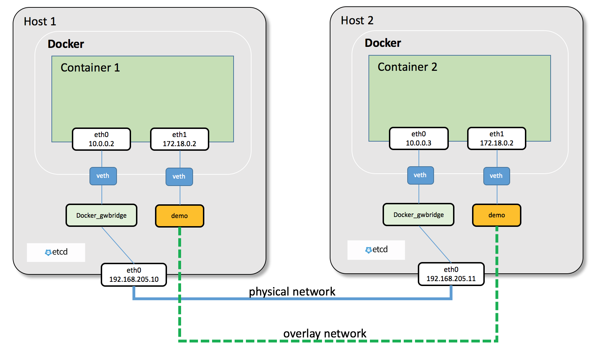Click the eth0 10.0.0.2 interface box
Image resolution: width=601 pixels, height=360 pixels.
click(101, 139)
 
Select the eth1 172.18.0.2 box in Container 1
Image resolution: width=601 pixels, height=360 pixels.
click(180, 139)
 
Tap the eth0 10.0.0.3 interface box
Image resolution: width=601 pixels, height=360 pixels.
click(419, 138)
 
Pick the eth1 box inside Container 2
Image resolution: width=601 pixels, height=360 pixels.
click(497, 138)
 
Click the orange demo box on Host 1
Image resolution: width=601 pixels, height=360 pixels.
click(180, 216)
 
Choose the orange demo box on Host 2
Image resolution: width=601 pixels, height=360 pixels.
click(497, 215)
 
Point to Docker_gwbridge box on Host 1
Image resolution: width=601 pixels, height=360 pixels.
click(101, 215)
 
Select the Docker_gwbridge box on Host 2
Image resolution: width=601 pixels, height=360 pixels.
click(419, 215)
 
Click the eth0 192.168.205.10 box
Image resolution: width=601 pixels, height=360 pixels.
click(134, 275)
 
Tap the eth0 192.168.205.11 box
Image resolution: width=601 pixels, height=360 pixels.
click(451, 274)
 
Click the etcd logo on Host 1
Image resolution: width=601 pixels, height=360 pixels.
click(56, 252)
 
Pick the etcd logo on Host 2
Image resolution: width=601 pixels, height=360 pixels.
click(376, 250)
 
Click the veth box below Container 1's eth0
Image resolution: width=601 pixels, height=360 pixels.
click(103, 176)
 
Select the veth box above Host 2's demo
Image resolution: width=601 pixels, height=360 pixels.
click(496, 176)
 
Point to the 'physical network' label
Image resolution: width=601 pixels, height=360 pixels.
click(292, 292)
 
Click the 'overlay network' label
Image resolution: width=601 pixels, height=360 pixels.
click(325, 333)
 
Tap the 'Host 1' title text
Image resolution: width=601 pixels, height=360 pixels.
click(40, 21)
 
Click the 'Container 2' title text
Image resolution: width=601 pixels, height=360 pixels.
click(407, 67)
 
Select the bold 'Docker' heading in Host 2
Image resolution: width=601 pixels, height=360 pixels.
click(383, 43)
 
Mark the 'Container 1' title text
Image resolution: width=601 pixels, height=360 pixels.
click(90, 68)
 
